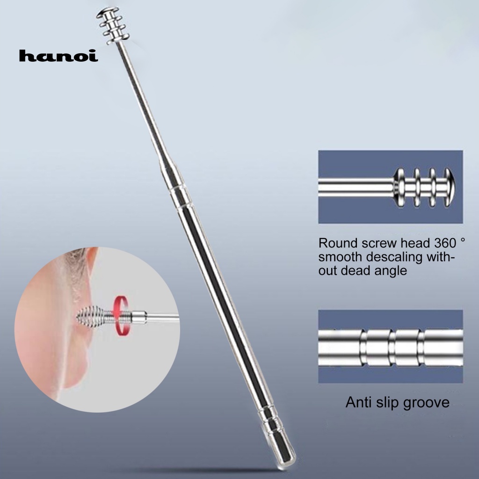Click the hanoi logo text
[x=58, y=56]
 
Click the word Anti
[x=359, y=402]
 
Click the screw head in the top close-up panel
[x=423, y=187]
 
